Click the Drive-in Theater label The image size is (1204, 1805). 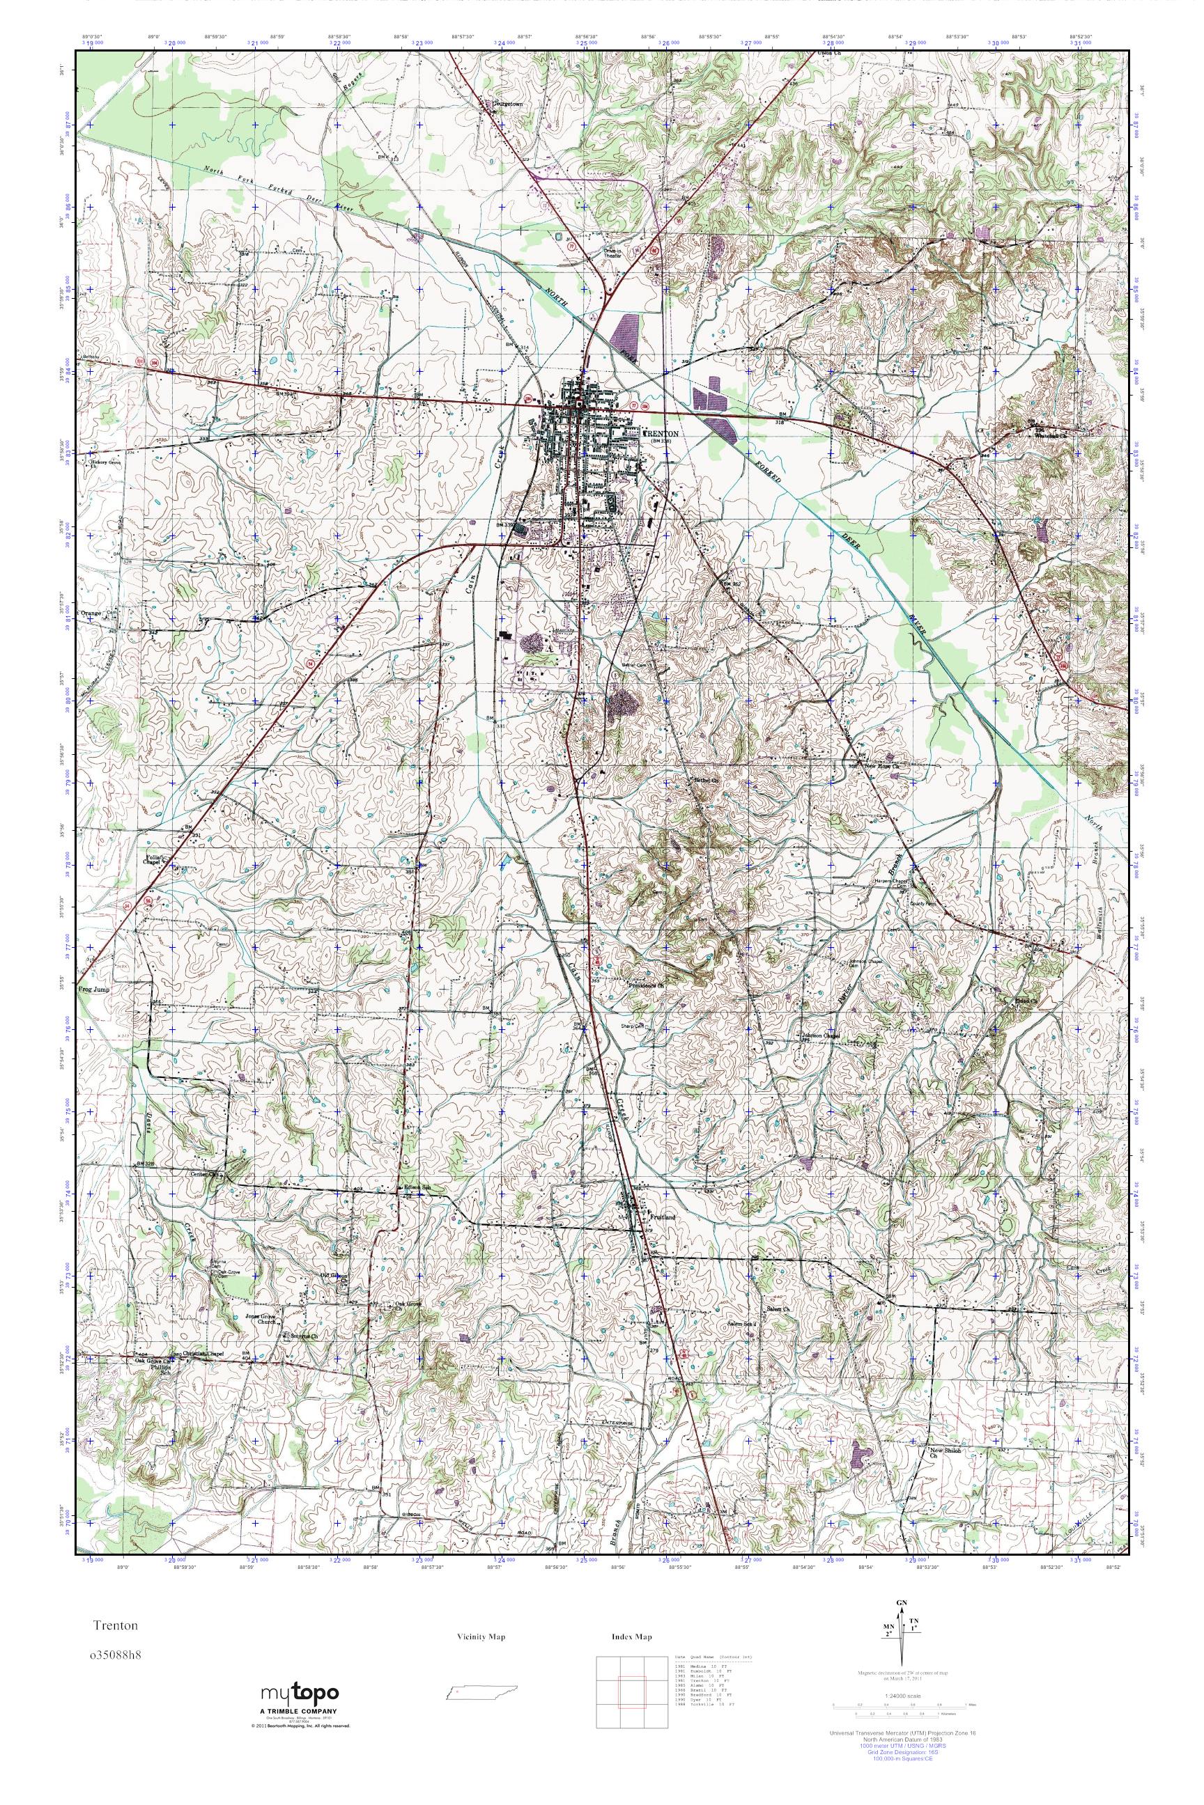pyautogui.click(x=611, y=253)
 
